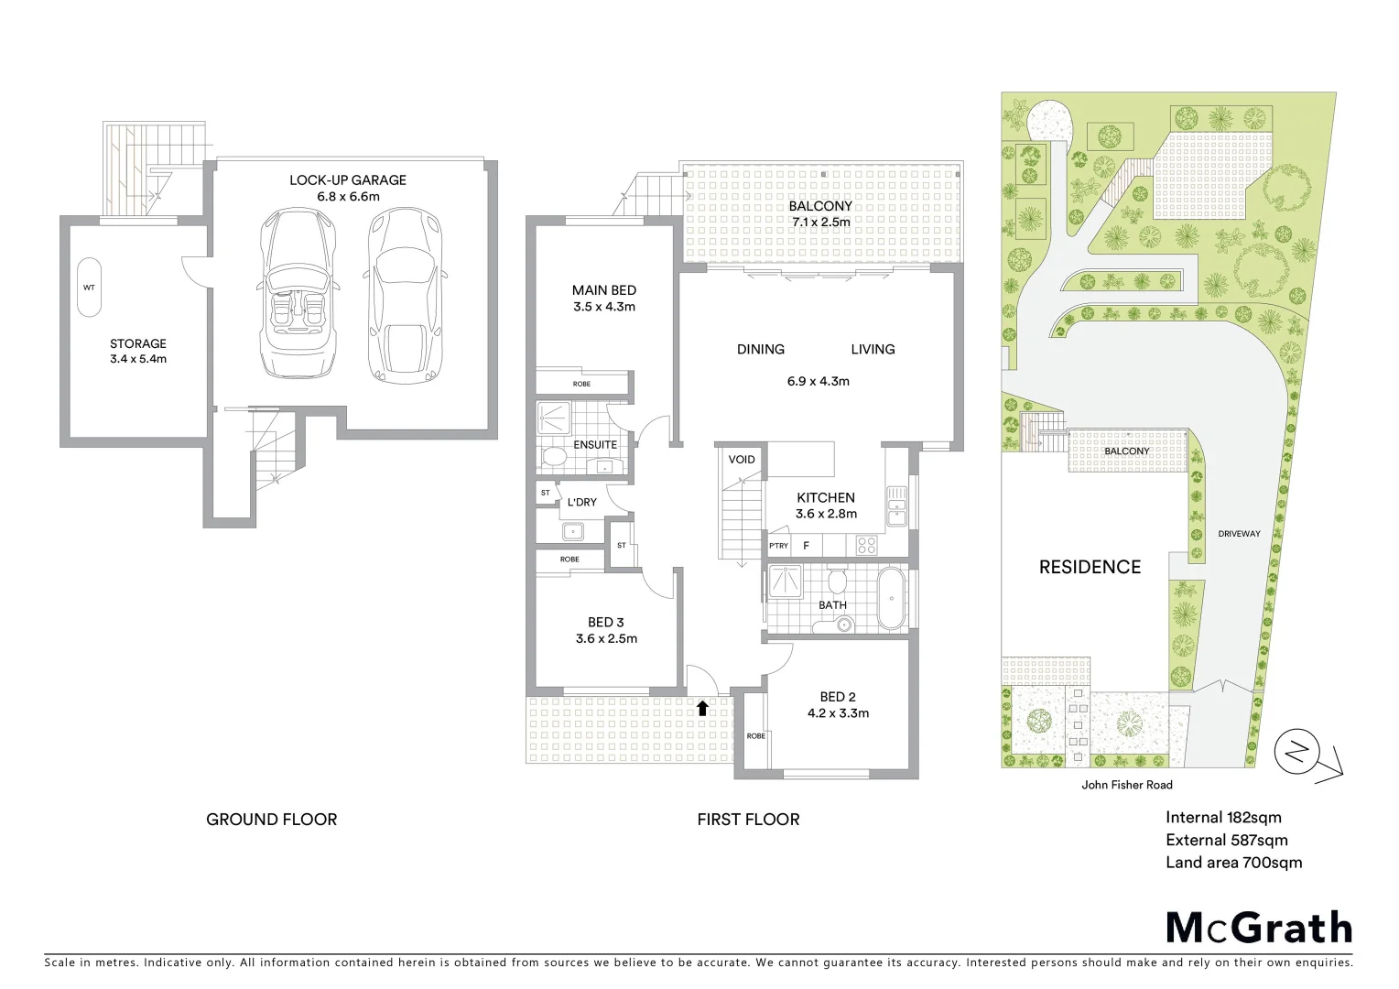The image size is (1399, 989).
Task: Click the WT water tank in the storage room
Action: [89, 287]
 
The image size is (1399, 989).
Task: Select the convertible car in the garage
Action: [297, 295]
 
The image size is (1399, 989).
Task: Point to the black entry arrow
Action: [702, 706]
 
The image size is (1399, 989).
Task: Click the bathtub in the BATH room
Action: [890, 598]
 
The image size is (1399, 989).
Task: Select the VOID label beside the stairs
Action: [742, 459]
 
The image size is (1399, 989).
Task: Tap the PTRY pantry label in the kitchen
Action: [778, 546]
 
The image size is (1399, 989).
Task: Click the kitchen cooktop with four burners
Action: [866, 546]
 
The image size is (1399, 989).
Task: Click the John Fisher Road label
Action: [1126, 785]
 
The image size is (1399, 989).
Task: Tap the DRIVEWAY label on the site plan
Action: [1239, 533]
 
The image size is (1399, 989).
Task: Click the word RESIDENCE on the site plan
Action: [1090, 567]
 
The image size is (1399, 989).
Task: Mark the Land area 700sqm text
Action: [1232, 862]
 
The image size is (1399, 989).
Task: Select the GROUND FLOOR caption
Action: [271, 820]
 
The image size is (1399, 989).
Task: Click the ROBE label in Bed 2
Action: [755, 736]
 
